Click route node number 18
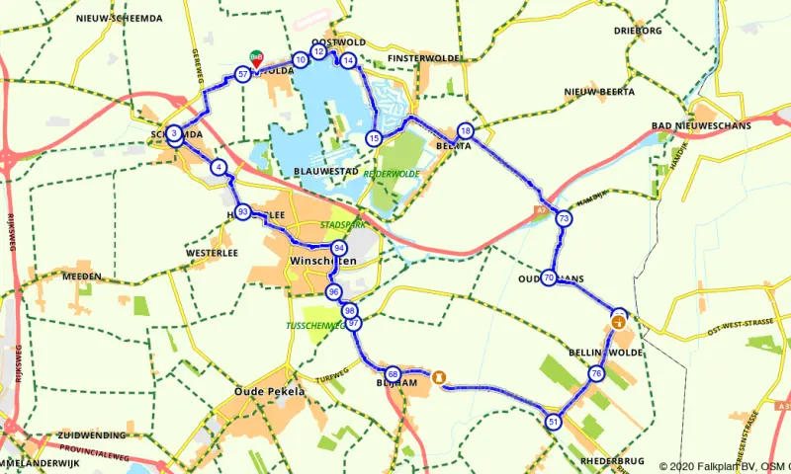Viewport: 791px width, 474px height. tap(466, 131)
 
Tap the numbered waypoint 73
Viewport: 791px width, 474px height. tap(564, 218)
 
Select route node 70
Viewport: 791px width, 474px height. tap(549, 278)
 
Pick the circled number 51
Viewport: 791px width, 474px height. tap(553, 422)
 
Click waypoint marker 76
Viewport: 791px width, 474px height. tap(595, 373)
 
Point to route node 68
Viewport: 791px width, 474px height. tap(393, 374)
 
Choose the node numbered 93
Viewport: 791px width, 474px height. tap(242, 212)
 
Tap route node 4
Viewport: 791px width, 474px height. tap(218, 168)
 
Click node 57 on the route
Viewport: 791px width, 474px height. tap(243, 74)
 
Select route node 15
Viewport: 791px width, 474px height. tap(373, 138)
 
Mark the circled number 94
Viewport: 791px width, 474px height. tap(339, 248)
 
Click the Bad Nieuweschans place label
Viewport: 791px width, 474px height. tap(701, 126)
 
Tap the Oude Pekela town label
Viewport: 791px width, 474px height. tap(270, 391)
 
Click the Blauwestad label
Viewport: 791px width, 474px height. tap(324, 171)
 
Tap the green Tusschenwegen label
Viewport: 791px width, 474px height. tap(314, 325)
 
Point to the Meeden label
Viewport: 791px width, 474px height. tap(82, 277)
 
